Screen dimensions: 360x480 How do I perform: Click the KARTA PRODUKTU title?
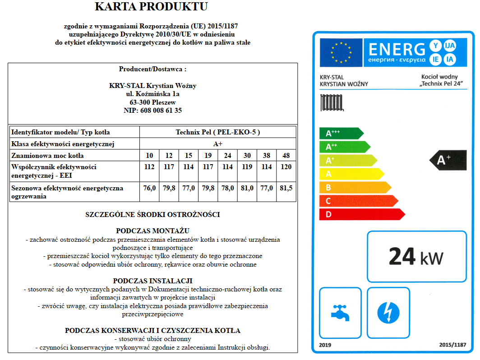point(152,7)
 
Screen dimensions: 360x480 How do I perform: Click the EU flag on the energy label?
point(341,52)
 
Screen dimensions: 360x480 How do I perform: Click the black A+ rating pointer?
point(448,160)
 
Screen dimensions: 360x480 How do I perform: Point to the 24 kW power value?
point(416,257)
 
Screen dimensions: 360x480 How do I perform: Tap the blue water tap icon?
point(340,312)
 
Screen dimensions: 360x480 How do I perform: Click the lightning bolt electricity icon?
point(388,312)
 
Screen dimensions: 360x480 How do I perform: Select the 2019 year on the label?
point(325,345)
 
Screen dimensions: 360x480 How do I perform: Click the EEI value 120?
point(286,167)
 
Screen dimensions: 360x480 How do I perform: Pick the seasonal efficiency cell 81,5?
point(286,188)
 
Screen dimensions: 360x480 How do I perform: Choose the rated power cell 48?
point(286,156)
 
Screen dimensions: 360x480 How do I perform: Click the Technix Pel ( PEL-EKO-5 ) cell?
point(217,132)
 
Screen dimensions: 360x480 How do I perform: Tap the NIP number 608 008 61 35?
point(152,111)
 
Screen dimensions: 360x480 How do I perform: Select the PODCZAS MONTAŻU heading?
point(152,231)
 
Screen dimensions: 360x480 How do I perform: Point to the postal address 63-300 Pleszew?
point(152,102)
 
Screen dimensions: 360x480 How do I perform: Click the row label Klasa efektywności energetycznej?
point(63,144)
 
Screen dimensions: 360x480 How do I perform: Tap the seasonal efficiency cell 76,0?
point(149,188)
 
